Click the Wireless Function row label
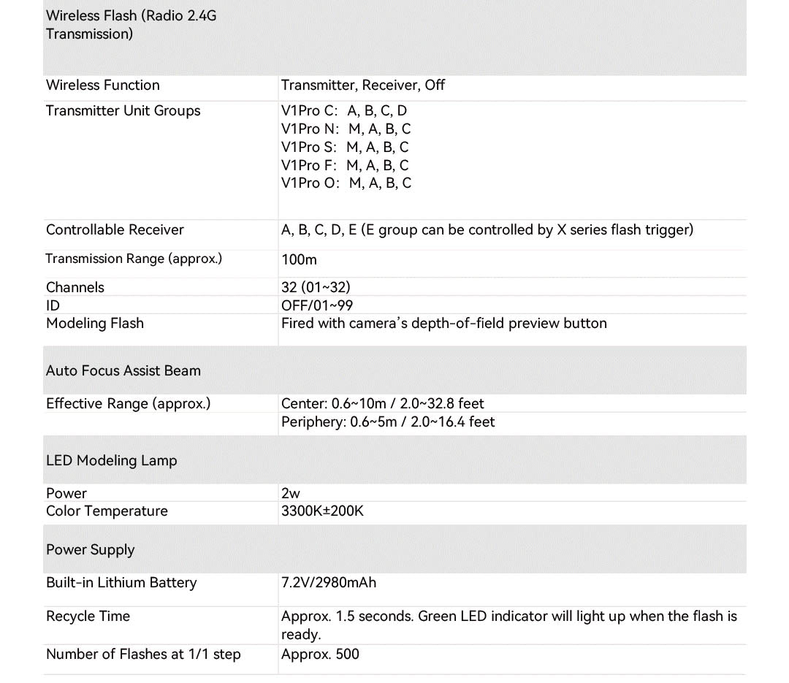(102, 85)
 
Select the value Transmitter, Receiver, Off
(362, 85)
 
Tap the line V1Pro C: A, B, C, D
(344, 111)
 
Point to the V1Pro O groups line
(346, 183)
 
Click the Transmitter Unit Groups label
(123, 111)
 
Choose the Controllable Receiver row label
(115, 230)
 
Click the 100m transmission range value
(299, 259)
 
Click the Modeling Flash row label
(95, 324)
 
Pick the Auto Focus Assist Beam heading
(123, 371)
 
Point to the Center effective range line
(382, 404)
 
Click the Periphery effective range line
(388, 422)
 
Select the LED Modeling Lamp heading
(111, 461)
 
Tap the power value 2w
(291, 494)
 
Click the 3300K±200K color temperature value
(322, 511)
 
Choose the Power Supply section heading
(91, 550)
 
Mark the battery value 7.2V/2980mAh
(329, 583)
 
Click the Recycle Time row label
(88, 617)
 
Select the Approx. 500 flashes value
(320, 655)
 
